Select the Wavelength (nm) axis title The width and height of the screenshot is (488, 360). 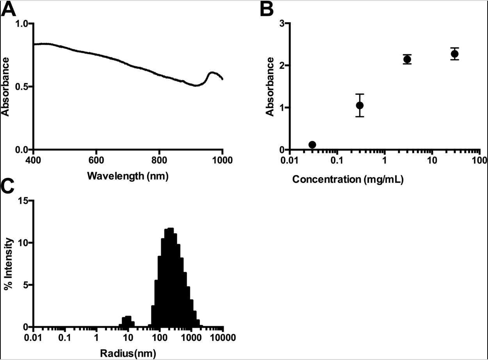click(128, 176)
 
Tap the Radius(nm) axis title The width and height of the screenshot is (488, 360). click(128, 354)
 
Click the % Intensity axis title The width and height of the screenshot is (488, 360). click(8, 264)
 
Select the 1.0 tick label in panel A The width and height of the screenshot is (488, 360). click(22, 23)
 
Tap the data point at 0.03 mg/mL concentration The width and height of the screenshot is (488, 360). click(312, 145)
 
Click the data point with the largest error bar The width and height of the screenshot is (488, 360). click(360, 105)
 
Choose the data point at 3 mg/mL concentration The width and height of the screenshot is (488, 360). click(407, 59)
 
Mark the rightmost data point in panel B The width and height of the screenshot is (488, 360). click(454, 54)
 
